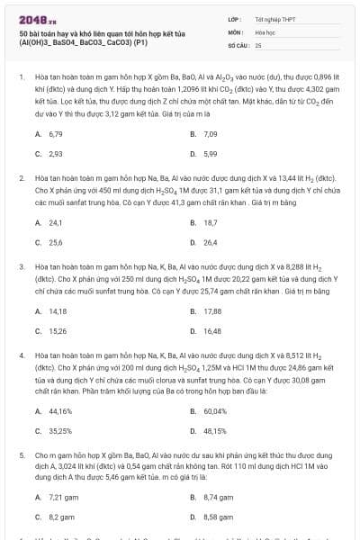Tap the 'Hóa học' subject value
coord(265,31)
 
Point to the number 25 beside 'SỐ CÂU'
coord(258,44)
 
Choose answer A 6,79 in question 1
coord(55,133)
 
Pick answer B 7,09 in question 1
coord(210,133)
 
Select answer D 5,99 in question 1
coord(210,154)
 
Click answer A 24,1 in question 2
coord(55,221)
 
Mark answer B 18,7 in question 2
coord(210,221)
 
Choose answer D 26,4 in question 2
coord(210,242)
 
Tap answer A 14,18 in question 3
coord(57,310)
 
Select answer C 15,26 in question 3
coord(57,330)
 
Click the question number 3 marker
coord(21,266)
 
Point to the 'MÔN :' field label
coord(236,31)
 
